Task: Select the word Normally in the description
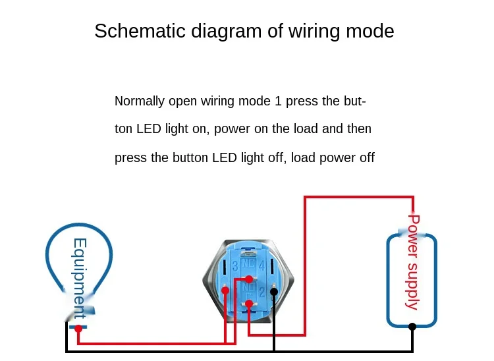pos(140,101)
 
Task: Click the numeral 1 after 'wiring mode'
pos(278,101)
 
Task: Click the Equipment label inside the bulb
pos(80,279)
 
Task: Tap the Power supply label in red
pos(413,262)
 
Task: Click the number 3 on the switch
pos(235,267)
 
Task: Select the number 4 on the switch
pos(261,266)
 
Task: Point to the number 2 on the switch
pos(261,292)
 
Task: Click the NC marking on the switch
pos(248,264)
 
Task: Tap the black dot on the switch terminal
pos(274,292)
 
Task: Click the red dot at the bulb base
pos(78,329)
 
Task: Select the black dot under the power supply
pos(412,327)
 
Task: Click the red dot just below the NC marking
pos(249,279)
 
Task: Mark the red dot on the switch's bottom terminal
pos(249,304)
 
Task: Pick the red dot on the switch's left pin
pos(225,290)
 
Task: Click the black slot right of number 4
pos(271,267)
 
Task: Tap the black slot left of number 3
pos(225,267)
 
